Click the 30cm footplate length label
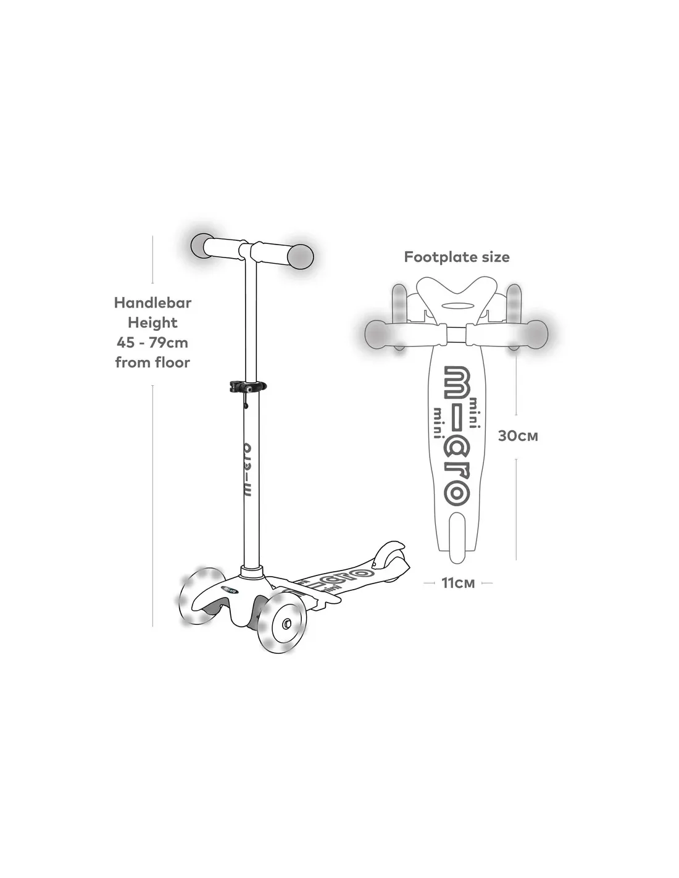[x=517, y=436]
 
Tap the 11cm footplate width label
[x=457, y=583]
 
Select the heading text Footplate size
[x=456, y=257]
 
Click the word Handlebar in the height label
[x=152, y=303]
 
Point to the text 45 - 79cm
[x=152, y=343]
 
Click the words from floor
[x=152, y=362]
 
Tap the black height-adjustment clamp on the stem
[x=248, y=387]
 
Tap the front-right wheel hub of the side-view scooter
[x=287, y=623]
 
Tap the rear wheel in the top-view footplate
[x=457, y=537]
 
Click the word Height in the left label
[x=152, y=323]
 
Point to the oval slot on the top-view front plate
[x=457, y=306]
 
